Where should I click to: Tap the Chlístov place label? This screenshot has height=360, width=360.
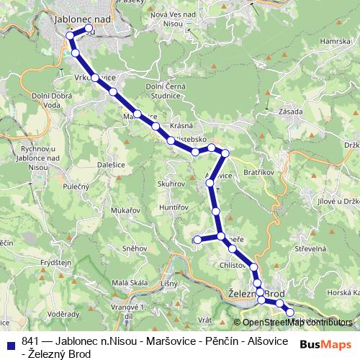tap(234, 265)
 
